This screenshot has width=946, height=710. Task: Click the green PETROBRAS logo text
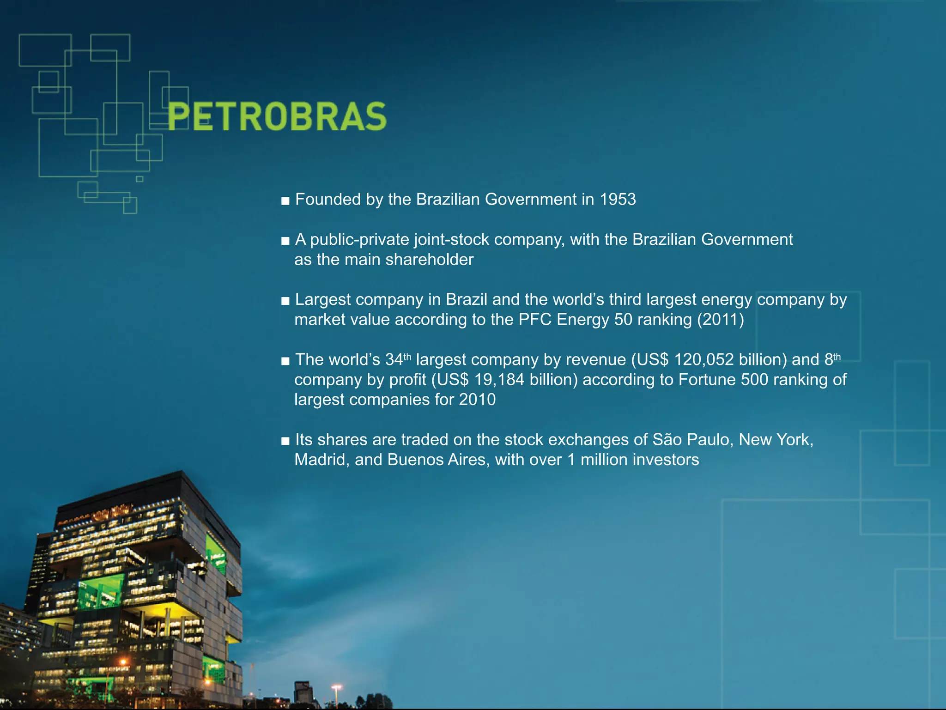tap(277, 116)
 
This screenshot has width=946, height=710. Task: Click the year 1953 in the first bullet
tap(618, 200)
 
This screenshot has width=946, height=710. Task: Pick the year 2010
tap(477, 400)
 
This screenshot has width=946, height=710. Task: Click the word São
tap(667, 440)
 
